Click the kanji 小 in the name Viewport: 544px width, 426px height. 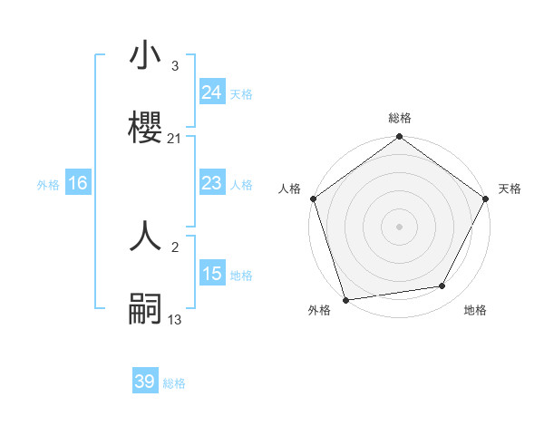[146, 57]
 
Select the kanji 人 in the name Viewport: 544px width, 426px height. [146, 237]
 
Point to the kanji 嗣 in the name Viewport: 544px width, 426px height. [146, 307]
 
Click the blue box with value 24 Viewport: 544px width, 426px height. [211, 92]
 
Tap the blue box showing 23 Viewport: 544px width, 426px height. [211, 183]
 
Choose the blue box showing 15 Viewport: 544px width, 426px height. [211, 274]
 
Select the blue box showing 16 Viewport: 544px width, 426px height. [78, 183]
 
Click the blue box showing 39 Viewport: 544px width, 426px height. [145, 382]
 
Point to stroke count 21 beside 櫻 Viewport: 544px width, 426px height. [175, 138]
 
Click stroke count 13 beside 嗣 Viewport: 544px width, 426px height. [175, 319]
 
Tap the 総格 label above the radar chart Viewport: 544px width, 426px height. [400, 118]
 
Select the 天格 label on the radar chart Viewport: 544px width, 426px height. [510, 189]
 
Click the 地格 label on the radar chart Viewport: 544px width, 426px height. [475, 310]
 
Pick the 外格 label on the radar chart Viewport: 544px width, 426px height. [319, 310]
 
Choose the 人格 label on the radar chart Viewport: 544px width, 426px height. [289, 189]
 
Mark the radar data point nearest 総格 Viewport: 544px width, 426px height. [400, 137]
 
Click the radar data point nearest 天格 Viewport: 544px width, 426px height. [486, 198]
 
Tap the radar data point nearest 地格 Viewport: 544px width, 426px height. [442, 286]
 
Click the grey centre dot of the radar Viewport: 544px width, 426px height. [400, 227]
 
